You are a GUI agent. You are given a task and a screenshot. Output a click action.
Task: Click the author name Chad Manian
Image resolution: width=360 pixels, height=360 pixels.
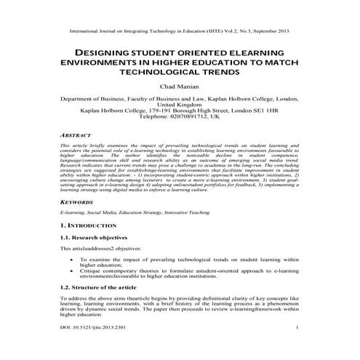180,86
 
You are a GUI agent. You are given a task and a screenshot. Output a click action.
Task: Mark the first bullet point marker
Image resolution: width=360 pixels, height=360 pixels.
71,259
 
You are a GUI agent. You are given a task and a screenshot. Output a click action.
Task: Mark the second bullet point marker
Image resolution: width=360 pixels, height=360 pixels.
71,271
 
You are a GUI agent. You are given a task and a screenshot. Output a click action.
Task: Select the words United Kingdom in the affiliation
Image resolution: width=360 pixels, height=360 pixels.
180,104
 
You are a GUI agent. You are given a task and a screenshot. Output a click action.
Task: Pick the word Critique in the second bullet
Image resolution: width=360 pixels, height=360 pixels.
92,271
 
